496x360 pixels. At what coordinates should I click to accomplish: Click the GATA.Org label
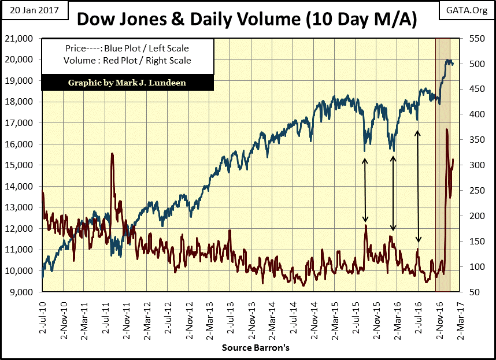(x=467, y=9)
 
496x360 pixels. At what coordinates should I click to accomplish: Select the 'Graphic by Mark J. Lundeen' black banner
(x=127, y=82)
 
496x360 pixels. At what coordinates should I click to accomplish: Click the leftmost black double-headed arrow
(x=365, y=190)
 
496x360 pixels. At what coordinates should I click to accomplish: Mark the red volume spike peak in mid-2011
(x=112, y=154)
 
